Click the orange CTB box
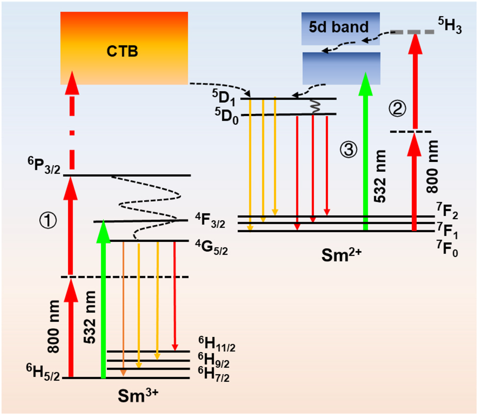124,48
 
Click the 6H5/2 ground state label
42,377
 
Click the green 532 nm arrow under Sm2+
365,152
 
